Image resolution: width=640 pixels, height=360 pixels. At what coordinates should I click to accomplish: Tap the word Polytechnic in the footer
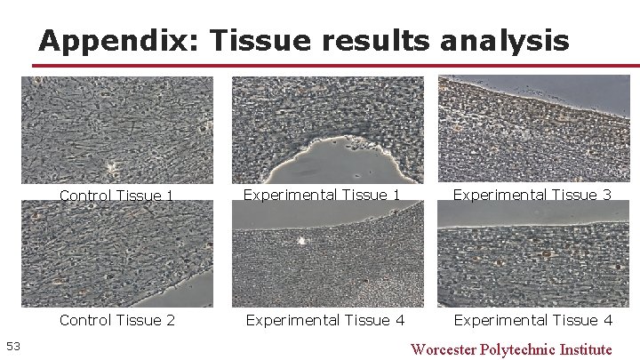coord(522,348)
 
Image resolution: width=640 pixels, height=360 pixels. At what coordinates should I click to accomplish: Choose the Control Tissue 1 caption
coord(116,195)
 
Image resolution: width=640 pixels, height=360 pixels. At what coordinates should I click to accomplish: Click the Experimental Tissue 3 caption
coord(532,194)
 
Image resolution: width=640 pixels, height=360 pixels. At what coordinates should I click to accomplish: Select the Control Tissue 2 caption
coord(116,320)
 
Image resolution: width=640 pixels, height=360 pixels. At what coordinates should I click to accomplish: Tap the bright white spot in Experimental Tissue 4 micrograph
coord(301,240)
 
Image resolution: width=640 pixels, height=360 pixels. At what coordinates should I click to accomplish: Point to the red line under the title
coord(338,65)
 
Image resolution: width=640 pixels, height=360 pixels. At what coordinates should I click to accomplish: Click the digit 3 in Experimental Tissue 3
coord(607,194)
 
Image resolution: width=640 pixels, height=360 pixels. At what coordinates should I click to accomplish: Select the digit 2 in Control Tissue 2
coord(170,320)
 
